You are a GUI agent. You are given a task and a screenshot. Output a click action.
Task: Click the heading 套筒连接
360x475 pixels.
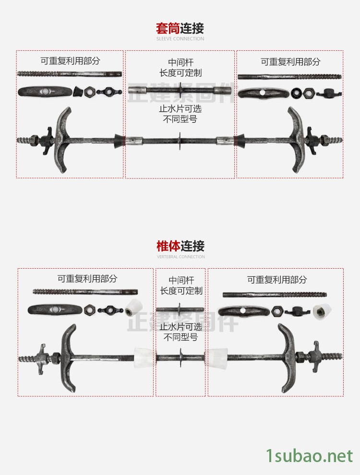(x=180, y=28)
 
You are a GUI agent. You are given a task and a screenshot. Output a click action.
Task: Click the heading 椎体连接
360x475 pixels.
(x=180, y=246)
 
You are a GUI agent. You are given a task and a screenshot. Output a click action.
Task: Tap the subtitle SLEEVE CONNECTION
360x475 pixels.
(x=180, y=39)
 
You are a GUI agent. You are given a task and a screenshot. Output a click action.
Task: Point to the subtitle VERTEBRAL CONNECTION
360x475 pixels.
(x=181, y=257)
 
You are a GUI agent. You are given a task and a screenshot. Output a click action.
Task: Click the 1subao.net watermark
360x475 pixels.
(x=310, y=456)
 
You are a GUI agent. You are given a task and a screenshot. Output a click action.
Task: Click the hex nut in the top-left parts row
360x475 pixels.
(x=89, y=92)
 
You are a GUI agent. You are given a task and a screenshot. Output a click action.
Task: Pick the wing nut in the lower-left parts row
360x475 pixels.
(x=110, y=309)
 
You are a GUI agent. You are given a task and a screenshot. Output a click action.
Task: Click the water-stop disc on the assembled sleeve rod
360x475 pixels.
(x=180, y=141)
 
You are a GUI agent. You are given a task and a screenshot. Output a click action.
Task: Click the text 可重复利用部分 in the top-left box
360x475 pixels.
(x=70, y=61)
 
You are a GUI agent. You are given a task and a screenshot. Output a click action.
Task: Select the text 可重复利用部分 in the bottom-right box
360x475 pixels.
(x=277, y=280)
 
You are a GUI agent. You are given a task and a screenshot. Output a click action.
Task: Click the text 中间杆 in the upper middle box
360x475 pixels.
(x=181, y=62)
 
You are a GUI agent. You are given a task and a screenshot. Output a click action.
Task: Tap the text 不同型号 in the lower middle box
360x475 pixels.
(x=181, y=337)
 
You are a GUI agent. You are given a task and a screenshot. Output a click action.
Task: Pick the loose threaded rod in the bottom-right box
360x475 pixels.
(x=275, y=294)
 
